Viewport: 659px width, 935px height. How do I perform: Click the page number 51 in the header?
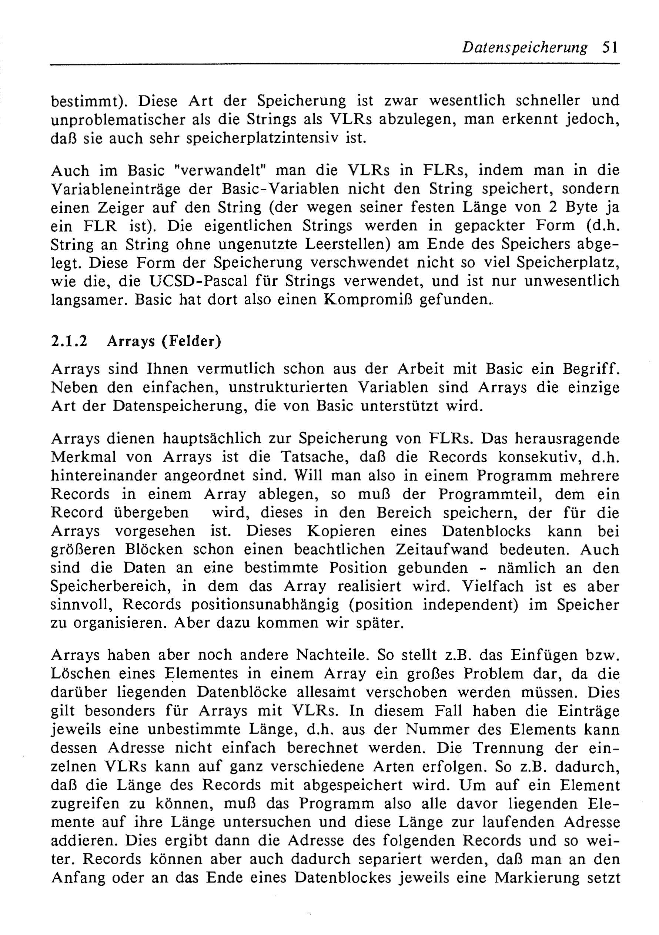click(609, 48)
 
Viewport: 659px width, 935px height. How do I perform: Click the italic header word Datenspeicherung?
click(525, 48)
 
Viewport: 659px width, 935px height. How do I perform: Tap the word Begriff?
click(591, 369)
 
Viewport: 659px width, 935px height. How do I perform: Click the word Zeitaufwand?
click(442, 550)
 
